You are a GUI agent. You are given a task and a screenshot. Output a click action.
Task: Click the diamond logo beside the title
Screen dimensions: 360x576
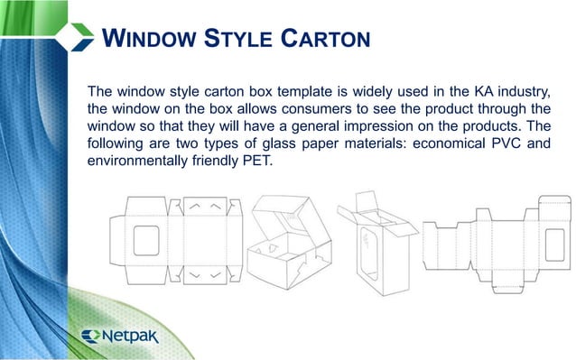coord(75,36)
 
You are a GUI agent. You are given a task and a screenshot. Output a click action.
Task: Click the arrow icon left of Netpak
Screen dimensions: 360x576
coord(91,336)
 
